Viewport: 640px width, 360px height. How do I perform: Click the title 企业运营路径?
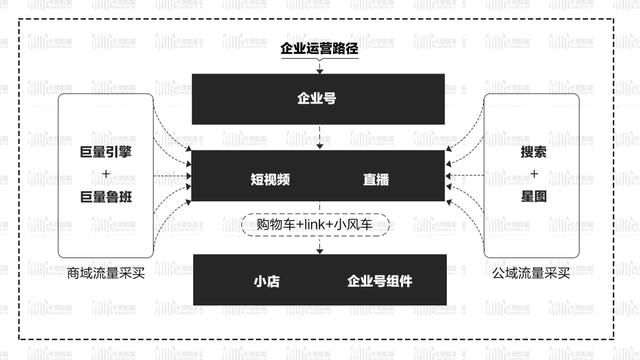(319, 46)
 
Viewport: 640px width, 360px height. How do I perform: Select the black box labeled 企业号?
(319, 99)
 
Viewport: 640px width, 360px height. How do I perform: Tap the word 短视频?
(270, 181)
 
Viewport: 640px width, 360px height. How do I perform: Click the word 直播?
(376, 181)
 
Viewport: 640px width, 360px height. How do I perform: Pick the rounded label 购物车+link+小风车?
(319, 225)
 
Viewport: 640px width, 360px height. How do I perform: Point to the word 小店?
(266, 281)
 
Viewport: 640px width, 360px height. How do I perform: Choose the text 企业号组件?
(379, 281)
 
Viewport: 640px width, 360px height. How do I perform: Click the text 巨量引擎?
(106, 154)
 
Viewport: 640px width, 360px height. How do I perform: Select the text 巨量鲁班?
(106, 197)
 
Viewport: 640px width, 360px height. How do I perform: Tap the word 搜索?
(534, 154)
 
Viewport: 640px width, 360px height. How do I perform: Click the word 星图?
(534, 197)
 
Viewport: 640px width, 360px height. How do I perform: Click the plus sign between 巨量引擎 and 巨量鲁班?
(106, 176)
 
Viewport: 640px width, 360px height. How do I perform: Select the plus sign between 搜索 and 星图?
(534, 176)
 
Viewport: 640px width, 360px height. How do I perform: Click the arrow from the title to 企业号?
(319, 66)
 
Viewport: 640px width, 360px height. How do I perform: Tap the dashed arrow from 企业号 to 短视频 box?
(319, 138)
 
